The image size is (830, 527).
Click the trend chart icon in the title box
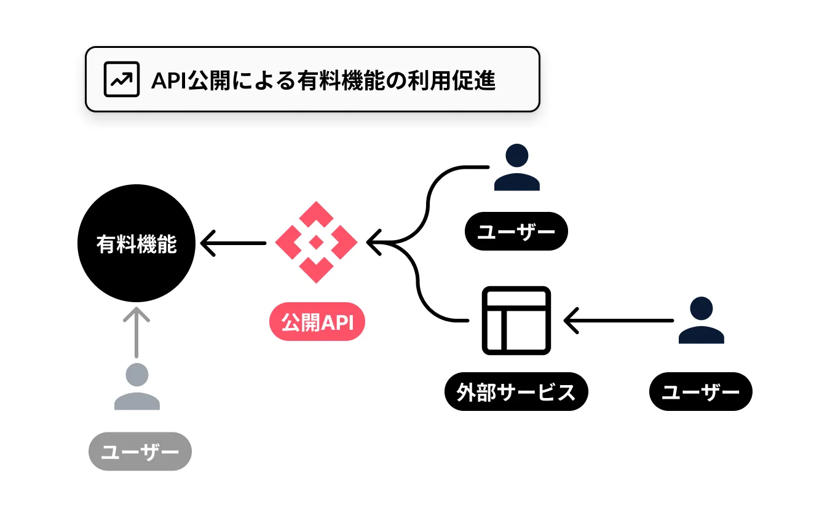pyautogui.click(x=122, y=79)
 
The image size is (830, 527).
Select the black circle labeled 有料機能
pyautogui.click(x=136, y=243)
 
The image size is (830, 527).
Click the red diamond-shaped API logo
pyautogui.click(x=316, y=243)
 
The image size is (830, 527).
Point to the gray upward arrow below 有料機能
pyautogui.click(x=136, y=332)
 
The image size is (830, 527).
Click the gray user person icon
pyautogui.click(x=136, y=386)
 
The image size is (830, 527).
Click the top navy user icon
pyautogui.click(x=517, y=167)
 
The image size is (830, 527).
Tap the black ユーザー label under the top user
pyautogui.click(x=516, y=231)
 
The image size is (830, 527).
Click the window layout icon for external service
pyautogui.click(x=516, y=320)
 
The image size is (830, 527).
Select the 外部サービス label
pyautogui.click(x=516, y=391)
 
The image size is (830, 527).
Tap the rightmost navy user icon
pyautogui.click(x=701, y=320)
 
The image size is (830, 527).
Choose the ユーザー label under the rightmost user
pyautogui.click(x=701, y=391)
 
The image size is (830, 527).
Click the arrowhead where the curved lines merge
pyautogui.click(x=374, y=243)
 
